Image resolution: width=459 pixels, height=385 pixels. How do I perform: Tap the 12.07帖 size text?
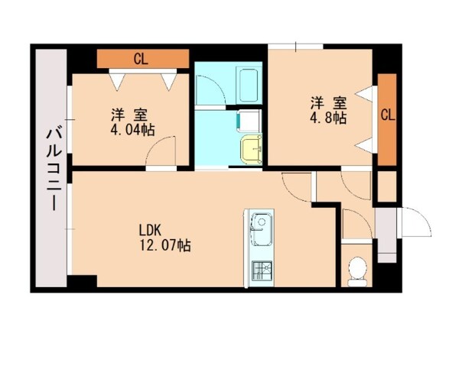point(164,245)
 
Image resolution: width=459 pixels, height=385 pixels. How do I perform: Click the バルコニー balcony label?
point(53,168)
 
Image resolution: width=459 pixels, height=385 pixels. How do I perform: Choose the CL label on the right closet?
point(387,116)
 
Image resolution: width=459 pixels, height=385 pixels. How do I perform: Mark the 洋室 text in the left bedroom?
point(128,115)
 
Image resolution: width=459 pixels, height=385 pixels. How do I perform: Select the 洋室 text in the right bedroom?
point(327,102)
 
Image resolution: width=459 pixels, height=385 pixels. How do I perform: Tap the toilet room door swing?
point(353,226)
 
